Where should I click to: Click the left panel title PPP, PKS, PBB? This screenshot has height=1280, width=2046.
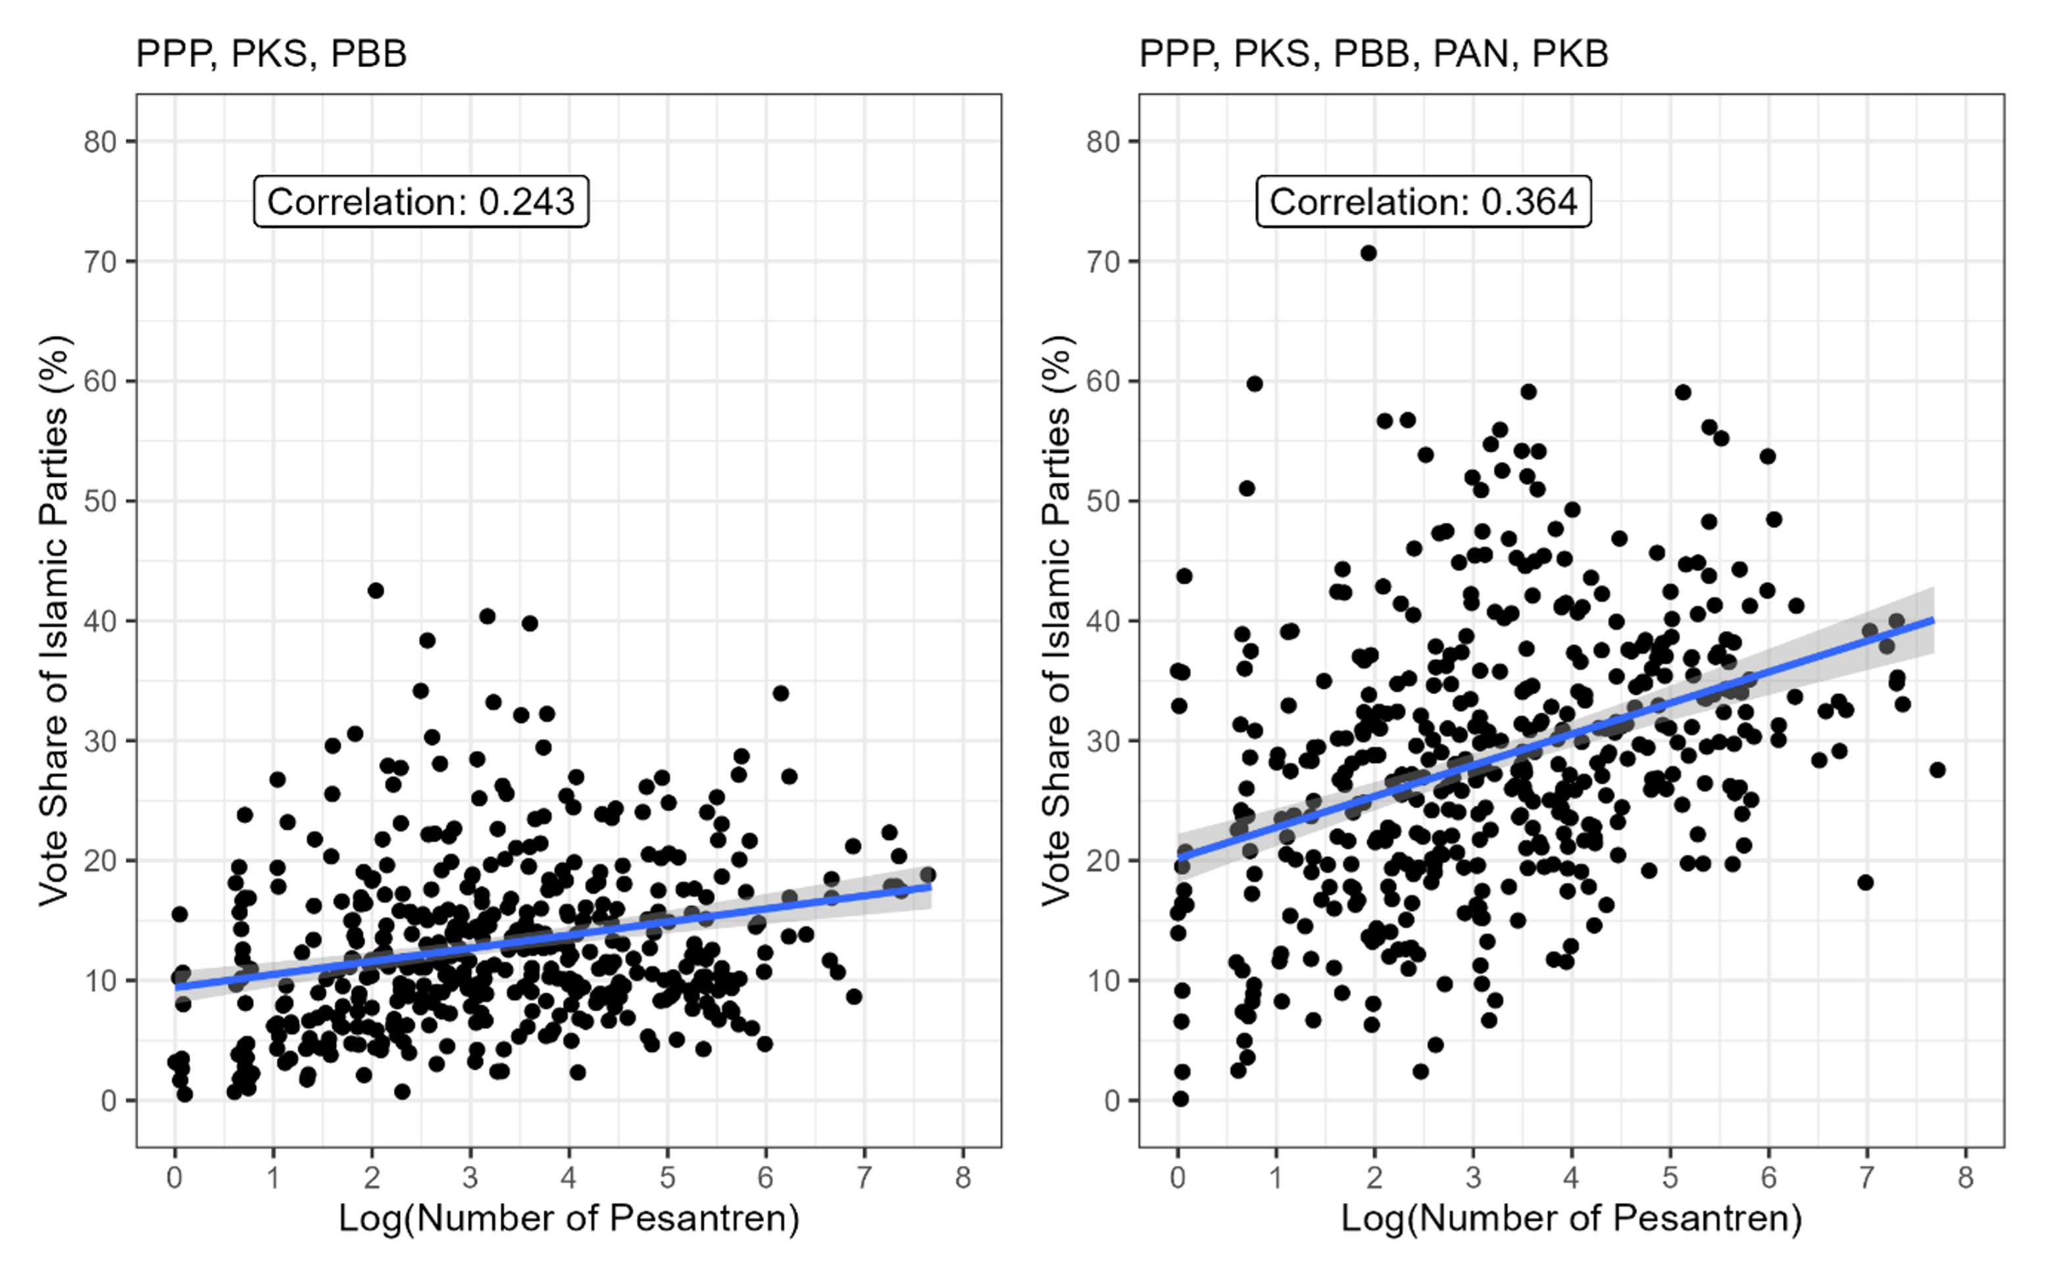[271, 54]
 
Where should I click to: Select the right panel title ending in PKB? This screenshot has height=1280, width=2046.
[1373, 54]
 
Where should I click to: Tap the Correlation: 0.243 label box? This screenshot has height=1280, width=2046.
[420, 201]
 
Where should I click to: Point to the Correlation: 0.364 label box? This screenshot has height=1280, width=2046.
[1423, 201]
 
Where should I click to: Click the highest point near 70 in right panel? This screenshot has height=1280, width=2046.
[1368, 253]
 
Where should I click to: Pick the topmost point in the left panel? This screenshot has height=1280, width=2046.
[375, 590]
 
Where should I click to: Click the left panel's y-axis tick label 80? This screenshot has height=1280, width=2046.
[100, 142]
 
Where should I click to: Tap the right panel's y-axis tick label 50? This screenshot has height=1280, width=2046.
[1103, 501]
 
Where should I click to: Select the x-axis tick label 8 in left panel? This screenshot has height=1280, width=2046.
[962, 1177]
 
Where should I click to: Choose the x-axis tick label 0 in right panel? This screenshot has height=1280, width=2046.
[1178, 1177]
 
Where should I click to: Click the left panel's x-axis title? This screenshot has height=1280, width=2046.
[569, 1218]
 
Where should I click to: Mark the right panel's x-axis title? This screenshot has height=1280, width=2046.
[1571, 1218]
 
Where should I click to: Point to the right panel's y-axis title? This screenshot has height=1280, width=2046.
[1057, 620]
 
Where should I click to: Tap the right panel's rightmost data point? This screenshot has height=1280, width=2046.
[1937, 770]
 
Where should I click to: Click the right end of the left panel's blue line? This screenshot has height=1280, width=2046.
[930, 887]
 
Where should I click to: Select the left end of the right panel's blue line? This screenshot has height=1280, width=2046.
[1178, 858]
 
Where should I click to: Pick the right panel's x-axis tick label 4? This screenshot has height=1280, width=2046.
[1571, 1177]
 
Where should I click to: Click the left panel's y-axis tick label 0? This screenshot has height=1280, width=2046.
[109, 1100]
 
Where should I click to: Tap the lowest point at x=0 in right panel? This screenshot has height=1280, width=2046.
[1180, 1099]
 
